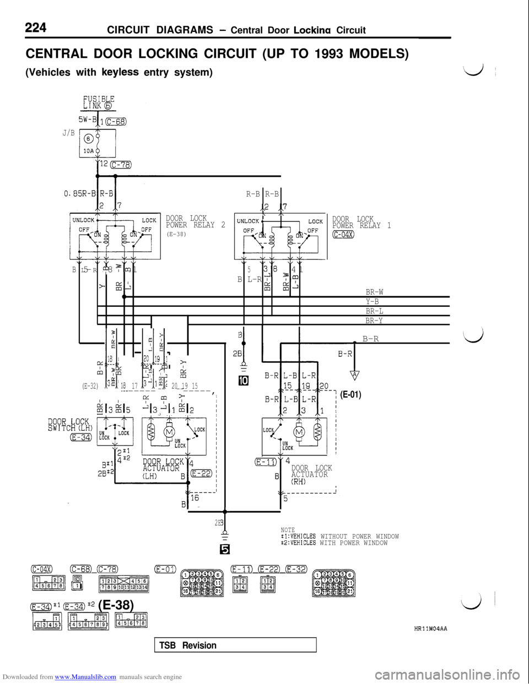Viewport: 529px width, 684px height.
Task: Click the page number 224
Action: click(35, 26)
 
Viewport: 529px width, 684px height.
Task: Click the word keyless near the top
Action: click(120, 73)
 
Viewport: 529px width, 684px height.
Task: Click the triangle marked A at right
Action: click(355, 376)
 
